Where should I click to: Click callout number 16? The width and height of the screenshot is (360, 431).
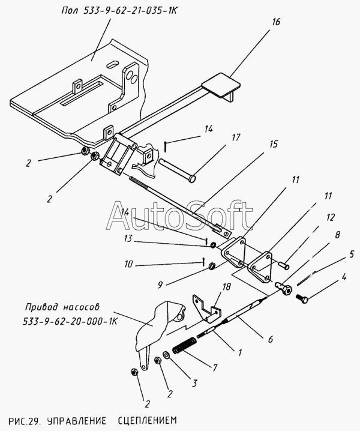click(275, 22)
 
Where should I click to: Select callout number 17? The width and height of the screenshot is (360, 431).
click(236, 137)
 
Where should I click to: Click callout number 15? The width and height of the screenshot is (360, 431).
click(274, 144)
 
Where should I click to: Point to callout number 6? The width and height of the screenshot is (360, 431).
click(270, 339)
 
